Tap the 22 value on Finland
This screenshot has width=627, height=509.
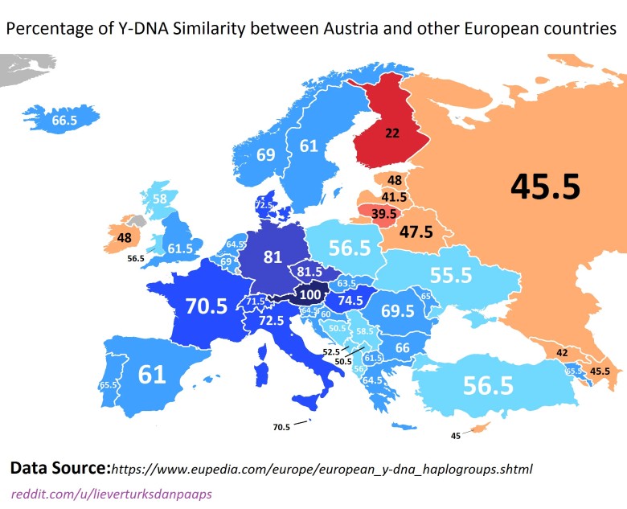[x=392, y=133]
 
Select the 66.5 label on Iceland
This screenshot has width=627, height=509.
[x=64, y=121]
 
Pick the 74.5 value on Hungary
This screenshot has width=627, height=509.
[x=350, y=300]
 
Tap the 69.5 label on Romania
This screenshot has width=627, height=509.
[x=398, y=310]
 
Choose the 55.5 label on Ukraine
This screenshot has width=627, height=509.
[x=450, y=276]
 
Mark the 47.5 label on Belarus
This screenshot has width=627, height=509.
[x=416, y=232]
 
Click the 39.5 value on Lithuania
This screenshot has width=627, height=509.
[x=383, y=214]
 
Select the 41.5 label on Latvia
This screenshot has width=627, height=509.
[x=394, y=196]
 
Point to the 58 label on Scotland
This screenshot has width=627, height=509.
[x=160, y=199]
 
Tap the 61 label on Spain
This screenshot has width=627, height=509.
[x=151, y=374]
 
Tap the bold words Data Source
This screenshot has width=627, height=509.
[x=59, y=467]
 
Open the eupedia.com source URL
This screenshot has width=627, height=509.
[x=322, y=468]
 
